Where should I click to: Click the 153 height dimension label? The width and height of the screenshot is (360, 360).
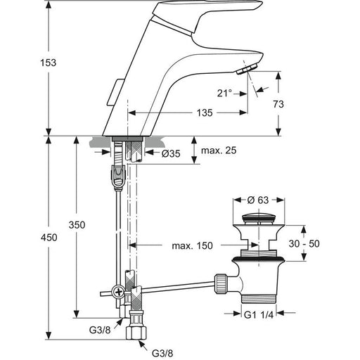(x=49, y=63)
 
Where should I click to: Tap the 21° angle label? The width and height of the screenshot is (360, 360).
(x=224, y=94)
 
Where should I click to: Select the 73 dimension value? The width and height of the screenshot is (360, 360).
(x=278, y=104)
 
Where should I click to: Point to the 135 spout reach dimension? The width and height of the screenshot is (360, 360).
(x=205, y=112)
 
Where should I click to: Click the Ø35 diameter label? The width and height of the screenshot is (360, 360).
(x=171, y=154)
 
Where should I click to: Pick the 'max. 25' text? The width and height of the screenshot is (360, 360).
(x=219, y=150)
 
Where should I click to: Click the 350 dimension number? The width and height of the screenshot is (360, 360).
(x=77, y=225)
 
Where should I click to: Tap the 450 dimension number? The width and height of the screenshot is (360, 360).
(x=49, y=238)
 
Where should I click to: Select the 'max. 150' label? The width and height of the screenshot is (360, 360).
(x=192, y=245)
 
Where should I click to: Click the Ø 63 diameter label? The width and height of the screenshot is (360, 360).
(x=258, y=200)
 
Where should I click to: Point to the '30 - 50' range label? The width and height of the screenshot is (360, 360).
(x=304, y=244)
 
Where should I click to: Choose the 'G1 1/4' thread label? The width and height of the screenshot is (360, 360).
(x=259, y=315)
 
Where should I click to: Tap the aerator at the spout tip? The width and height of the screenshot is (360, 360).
(x=247, y=69)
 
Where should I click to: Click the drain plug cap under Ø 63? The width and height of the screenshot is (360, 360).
(x=259, y=218)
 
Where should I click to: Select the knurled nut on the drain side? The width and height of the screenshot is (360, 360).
(x=221, y=283)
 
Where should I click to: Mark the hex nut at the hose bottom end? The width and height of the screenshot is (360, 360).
(x=136, y=333)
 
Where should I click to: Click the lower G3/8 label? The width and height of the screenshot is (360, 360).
(x=162, y=353)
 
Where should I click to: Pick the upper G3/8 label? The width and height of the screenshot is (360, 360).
(x=100, y=330)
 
